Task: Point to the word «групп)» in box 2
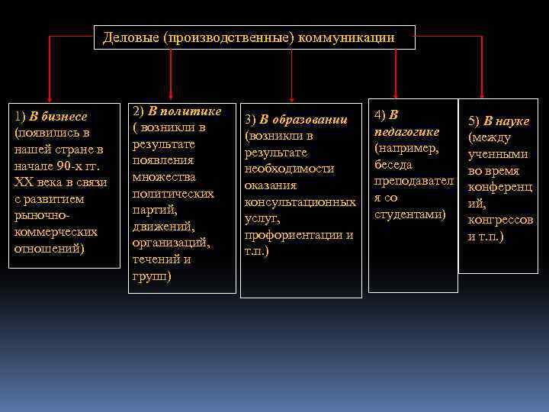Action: click(x=152, y=276)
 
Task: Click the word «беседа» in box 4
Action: click(x=394, y=165)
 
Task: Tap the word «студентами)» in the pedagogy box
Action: click(x=409, y=214)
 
